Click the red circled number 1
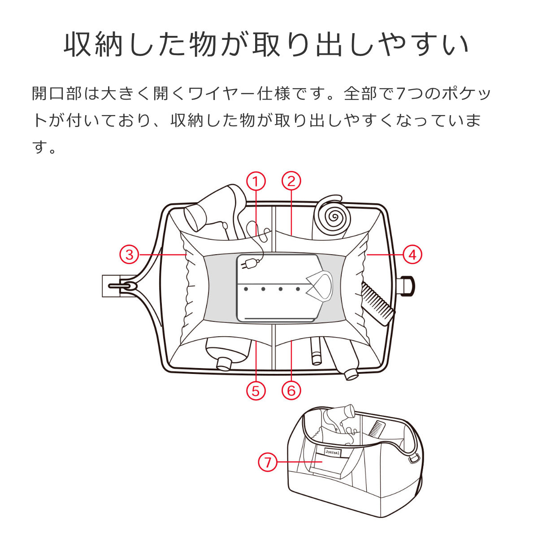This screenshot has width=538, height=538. coord(256,182)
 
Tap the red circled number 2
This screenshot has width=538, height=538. coord(291,182)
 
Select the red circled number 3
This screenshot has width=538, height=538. coord(130,255)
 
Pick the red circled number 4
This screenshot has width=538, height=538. coord(412,255)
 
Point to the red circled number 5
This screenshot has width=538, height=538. coord(256,390)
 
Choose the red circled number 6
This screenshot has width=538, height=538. coord(291,390)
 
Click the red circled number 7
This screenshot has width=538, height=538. coord(268,461)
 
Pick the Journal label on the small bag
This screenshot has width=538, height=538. coord(331,452)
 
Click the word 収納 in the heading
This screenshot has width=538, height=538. coord(93,44)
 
